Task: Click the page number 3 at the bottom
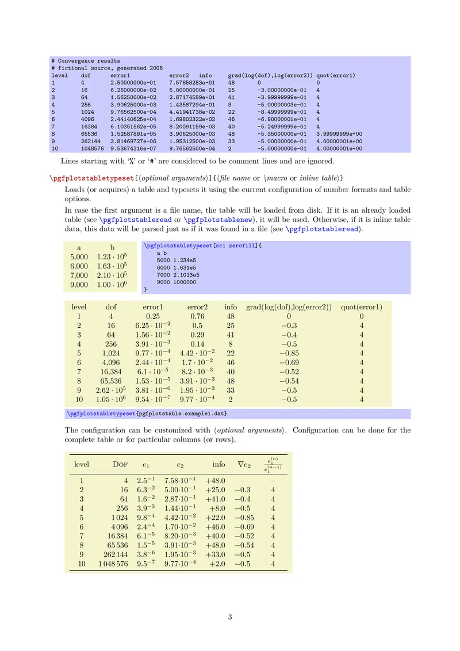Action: coord(229,618)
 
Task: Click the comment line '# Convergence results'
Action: coord(86,60)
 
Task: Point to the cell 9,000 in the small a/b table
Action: coord(79,285)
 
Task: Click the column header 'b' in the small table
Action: coord(112,248)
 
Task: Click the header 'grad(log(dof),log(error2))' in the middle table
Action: coord(289,307)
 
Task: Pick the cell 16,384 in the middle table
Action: coord(111,372)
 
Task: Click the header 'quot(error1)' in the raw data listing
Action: coord(336,75)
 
